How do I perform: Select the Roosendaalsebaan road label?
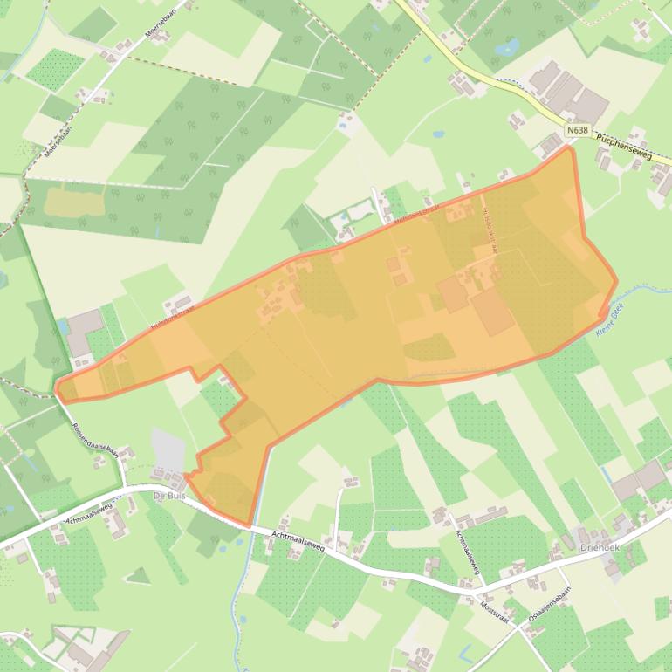tap(96, 437)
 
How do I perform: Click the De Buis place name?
tap(170, 496)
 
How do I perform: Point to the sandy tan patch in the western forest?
tap(67, 202)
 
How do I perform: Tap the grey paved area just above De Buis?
tap(168, 449)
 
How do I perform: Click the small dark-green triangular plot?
tap(138, 575)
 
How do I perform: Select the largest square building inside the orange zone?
tap(492, 312)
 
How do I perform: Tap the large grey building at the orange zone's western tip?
tap(85, 329)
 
